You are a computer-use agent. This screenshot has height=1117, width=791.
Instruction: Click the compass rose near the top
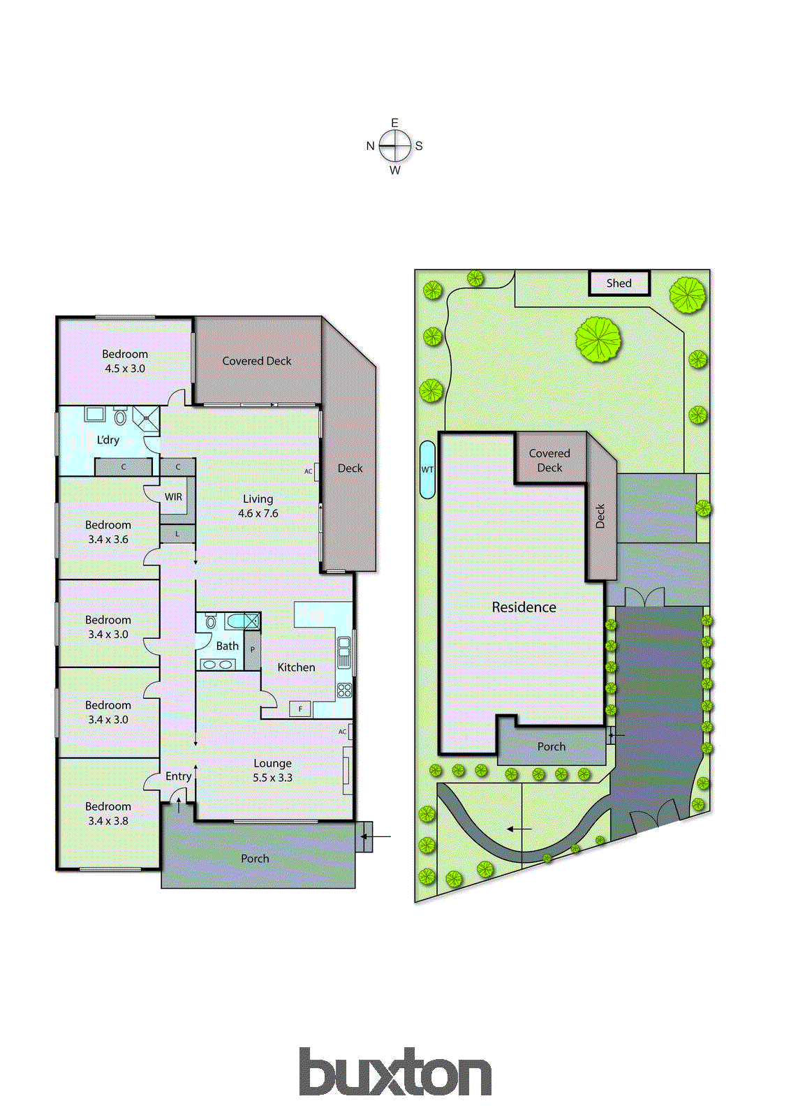(395, 146)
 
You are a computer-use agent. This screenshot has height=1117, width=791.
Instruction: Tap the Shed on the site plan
(619, 283)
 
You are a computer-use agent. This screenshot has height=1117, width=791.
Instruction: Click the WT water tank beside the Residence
(427, 469)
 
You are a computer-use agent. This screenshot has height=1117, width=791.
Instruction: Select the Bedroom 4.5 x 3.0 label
(125, 361)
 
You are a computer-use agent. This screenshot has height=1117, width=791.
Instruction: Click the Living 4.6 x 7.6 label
(258, 505)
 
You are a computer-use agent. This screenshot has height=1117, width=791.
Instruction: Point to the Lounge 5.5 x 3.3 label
(272, 770)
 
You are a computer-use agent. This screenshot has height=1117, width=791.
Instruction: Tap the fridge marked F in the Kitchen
(300, 709)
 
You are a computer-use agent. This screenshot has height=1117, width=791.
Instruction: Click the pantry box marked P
(252, 650)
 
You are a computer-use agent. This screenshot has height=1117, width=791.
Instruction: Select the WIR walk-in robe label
(173, 497)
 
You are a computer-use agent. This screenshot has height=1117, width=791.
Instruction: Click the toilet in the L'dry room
(120, 418)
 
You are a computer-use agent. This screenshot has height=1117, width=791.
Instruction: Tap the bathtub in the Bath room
(242, 621)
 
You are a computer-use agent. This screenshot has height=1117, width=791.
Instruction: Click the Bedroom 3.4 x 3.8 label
(108, 813)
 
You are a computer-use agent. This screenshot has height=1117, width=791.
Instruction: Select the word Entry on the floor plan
(178, 776)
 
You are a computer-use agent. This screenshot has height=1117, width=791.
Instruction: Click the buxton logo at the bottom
(395, 1072)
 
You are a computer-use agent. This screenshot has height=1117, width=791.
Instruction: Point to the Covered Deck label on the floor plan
(256, 361)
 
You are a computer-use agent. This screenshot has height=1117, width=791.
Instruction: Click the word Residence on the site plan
(524, 607)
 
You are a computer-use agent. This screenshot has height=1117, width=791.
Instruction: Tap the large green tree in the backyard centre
(598, 339)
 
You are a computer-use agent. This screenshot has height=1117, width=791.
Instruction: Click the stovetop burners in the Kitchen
(344, 690)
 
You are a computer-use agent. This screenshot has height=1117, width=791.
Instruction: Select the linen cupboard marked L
(177, 534)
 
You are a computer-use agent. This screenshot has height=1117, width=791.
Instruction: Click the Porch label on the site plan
(551, 746)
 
